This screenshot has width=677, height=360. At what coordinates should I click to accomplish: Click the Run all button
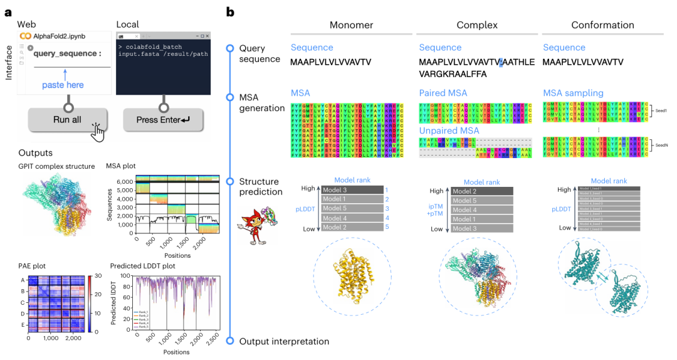point(67,119)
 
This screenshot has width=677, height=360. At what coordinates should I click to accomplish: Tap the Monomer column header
point(351,25)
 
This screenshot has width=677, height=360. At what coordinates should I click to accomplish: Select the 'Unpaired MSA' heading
point(449,130)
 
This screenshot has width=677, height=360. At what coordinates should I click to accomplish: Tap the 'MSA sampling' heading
point(574,93)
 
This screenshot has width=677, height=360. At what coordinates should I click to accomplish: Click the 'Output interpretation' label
point(284,341)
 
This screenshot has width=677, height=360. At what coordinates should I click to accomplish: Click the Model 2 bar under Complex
point(481,191)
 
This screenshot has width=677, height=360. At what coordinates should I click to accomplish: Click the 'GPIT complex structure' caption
point(56,166)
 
